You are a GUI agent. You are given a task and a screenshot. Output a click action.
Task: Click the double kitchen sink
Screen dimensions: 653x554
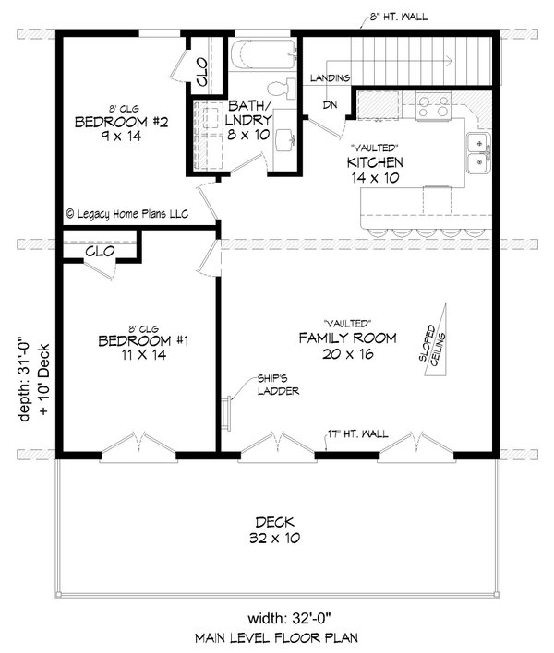coord(477,152)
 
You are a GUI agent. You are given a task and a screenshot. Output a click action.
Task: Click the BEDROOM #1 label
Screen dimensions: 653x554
coord(142,348)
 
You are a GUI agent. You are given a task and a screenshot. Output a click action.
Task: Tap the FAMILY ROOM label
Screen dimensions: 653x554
coord(347,347)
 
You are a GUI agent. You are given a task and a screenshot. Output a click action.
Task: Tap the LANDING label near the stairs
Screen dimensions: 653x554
coord(329,77)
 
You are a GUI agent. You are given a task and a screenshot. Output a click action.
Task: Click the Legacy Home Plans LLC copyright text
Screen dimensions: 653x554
coord(127,213)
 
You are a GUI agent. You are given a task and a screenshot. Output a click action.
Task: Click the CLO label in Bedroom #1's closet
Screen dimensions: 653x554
coord(100,251)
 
